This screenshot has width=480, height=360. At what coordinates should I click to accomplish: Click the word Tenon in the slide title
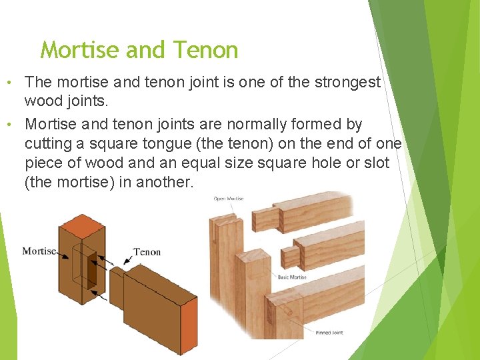[x=205, y=50]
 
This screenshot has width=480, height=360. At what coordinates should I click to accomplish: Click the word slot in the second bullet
[x=375, y=163]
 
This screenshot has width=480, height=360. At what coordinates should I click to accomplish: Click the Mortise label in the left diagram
[x=39, y=251]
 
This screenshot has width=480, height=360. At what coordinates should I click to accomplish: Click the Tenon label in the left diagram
[x=147, y=252]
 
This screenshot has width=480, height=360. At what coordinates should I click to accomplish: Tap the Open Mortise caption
[x=229, y=199]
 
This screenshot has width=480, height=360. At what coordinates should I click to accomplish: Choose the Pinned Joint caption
[x=328, y=332]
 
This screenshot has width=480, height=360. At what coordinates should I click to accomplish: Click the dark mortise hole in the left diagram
[x=91, y=270]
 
